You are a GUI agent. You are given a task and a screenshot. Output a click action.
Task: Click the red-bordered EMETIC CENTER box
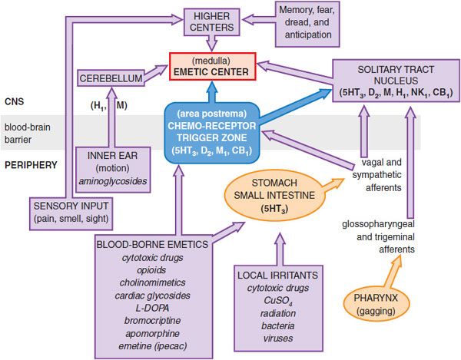213,66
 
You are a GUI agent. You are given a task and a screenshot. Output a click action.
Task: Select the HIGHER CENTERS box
212,21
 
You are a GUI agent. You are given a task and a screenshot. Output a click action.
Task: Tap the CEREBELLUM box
111,78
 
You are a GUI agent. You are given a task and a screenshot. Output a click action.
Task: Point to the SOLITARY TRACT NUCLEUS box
396,81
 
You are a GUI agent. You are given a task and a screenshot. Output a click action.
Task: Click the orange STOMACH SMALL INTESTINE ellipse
274,195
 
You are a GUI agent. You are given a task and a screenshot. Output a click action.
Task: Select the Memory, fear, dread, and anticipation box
307,24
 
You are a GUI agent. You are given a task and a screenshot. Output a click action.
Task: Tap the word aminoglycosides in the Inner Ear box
113,181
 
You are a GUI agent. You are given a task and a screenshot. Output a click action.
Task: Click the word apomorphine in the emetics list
153,334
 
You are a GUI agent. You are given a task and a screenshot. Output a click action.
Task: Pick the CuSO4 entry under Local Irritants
278,301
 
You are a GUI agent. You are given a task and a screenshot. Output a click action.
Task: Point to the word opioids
151,270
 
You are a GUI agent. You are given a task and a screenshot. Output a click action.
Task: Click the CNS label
14,101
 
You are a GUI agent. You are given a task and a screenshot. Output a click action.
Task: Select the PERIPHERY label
31,165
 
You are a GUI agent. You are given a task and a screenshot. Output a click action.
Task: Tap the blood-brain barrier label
28,134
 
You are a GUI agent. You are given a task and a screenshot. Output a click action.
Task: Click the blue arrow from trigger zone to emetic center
212,92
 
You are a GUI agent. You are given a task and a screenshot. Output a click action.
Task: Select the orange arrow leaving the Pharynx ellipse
393,271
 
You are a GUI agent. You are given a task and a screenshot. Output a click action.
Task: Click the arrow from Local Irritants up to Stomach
280,249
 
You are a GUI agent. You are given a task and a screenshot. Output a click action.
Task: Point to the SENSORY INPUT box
71,213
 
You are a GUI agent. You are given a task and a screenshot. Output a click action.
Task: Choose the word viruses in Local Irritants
278,339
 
